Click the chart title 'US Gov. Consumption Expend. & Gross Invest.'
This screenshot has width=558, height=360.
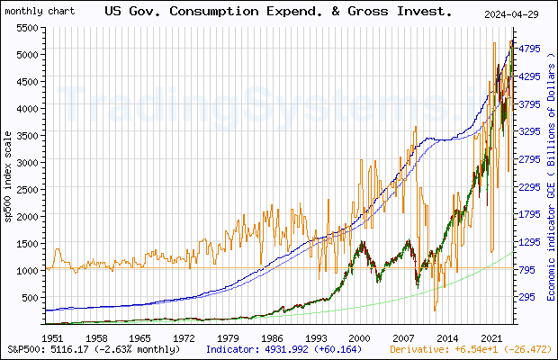(x=279, y=13)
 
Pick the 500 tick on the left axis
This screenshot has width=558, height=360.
(x=30, y=298)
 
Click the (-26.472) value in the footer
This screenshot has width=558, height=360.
(x=525, y=348)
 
